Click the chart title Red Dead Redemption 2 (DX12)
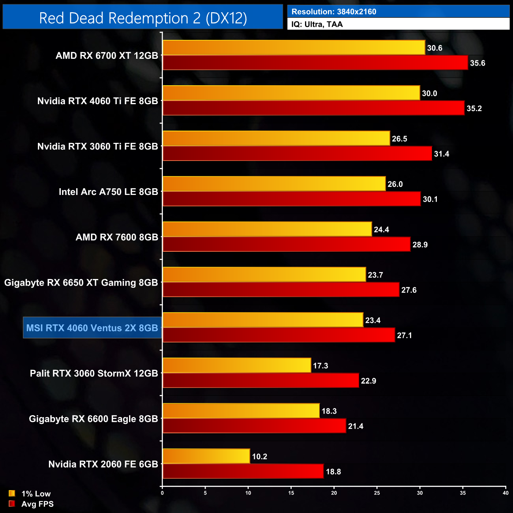click(x=143, y=18)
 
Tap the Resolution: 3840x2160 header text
click(x=334, y=12)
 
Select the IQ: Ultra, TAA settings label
click(x=317, y=24)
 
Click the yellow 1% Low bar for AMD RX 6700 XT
click(x=294, y=48)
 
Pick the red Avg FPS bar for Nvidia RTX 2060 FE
click(x=243, y=472)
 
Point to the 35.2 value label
click(x=474, y=109)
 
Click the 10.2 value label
click(x=259, y=457)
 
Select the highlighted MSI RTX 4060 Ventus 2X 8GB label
click(x=92, y=328)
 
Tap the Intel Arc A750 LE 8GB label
click(x=108, y=192)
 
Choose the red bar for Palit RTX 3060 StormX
click(x=260, y=381)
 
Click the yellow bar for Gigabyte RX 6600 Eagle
click(x=241, y=411)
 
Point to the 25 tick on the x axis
click(x=377, y=493)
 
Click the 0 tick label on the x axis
click(x=162, y=493)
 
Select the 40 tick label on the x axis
click(x=506, y=493)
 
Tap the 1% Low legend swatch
click(x=12, y=493)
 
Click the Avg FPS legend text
click(x=37, y=504)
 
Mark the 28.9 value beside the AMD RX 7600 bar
click(x=420, y=245)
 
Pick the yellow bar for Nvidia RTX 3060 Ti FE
click(x=276, y=139)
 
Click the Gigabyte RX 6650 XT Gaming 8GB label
click(x=81, y=283)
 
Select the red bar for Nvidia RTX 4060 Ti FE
click(x=313, y=109)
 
